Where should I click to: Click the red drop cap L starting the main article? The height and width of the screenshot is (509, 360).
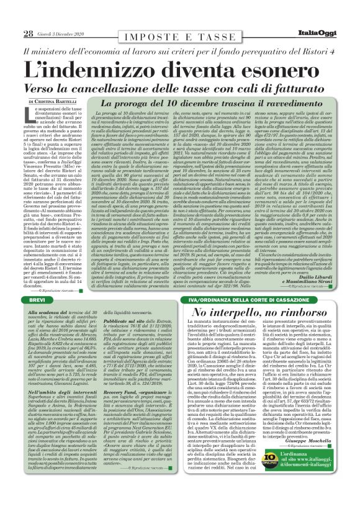point(28,112)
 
